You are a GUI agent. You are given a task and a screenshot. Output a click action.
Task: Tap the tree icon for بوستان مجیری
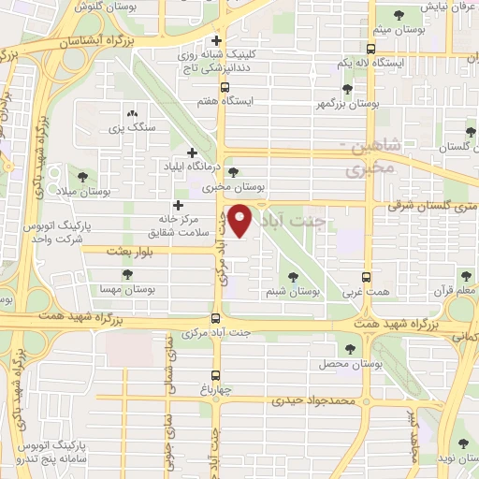click(x=233, y=171)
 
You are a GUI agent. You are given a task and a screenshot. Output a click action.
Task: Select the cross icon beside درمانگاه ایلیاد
click(x=193, y=152)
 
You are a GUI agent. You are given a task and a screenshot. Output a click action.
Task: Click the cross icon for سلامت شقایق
click(x=178, y=205)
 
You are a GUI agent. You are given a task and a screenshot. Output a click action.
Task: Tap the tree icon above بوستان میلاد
click(x=82, y=175)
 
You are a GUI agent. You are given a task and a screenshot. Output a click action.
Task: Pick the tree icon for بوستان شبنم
click(x=294, y=277)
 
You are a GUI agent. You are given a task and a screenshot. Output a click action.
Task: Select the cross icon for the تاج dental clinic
click(x=217, y=40)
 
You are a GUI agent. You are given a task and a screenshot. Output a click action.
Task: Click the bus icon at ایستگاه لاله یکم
click(x=371, y=49)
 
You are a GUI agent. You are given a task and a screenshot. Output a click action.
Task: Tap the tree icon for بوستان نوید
click(x=460, y=443)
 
